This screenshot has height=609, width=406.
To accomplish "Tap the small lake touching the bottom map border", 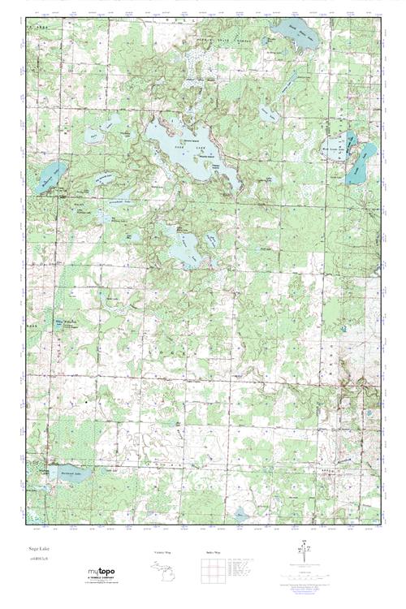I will point(240,515).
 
